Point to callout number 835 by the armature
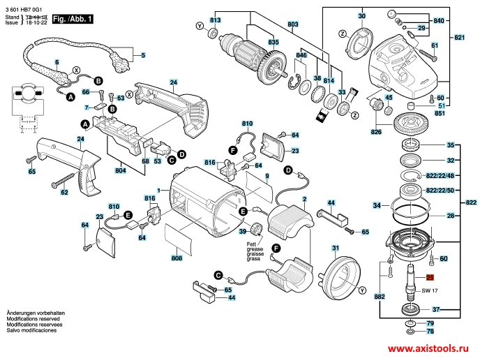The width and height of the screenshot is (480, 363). [273, 43]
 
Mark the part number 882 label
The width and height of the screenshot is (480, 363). [380, 297]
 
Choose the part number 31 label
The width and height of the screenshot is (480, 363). [336, 248]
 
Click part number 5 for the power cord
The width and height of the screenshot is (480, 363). [144, 55]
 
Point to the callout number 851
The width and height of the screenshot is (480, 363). [440, 113]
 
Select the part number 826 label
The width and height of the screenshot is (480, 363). [377, 131]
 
